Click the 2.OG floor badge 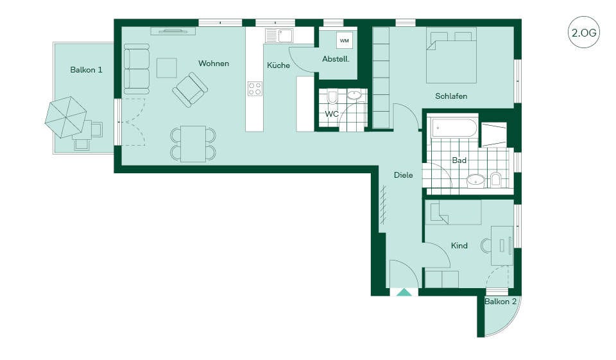click(x=584, y=32)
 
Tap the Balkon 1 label click(x=86, y=70)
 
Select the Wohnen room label click(x=214, y=64)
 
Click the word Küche click(x=278, y=65)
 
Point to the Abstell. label click(x=336, y=59)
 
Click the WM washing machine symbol click(x=344, y=40)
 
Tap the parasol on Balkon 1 click(x=65, y=117)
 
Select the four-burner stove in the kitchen click(x=255, y=89)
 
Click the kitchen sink click(x=279, y=36)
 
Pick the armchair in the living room click(x=190, y=90)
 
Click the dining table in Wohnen click(x=193, y=144)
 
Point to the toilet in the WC click(x=332, y=96)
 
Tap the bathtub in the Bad click(x=454, y=128)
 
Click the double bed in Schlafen click(x=451, y=55)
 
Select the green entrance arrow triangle click(x=404, y=292)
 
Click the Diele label click(x=404, y=175)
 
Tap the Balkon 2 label click(x=500, y=302)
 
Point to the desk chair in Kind click(x=486, y=246)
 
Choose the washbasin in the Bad click(x=476, y=180)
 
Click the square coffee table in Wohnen click(x=167, y=68)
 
